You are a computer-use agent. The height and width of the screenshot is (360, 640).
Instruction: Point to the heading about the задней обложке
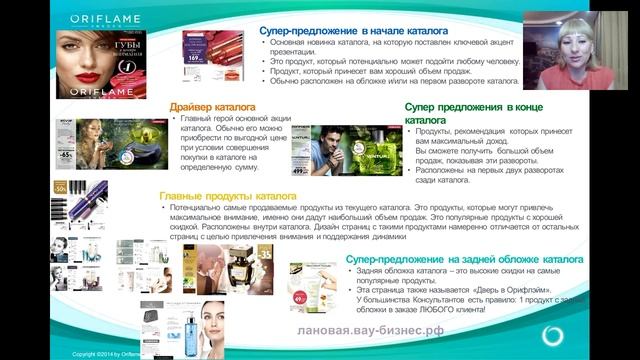tap(442, 260)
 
